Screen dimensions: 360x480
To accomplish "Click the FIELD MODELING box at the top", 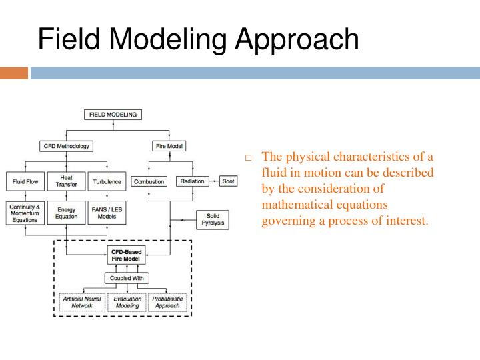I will pos(113,115).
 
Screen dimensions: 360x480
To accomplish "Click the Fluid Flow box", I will pos(24,181).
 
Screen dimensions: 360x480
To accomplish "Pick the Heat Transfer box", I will pos(67,181).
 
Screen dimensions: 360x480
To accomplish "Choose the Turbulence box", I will pos(107,181).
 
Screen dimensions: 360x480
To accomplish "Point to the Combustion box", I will pos(149,181).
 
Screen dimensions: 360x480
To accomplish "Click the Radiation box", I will pos(192,181).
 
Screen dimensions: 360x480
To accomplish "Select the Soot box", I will pos(228,181).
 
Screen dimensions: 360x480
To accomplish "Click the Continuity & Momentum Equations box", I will pos(25,213).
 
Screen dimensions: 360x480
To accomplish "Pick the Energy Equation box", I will pos(67,213).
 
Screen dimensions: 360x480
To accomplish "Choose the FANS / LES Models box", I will pos(107,213).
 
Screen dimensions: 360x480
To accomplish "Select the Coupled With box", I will pos(127,277).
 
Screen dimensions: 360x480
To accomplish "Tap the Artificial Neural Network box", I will pos(82,302).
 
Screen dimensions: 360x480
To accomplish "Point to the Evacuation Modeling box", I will pos(127,302).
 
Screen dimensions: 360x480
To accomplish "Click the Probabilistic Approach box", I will pos(166,302).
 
